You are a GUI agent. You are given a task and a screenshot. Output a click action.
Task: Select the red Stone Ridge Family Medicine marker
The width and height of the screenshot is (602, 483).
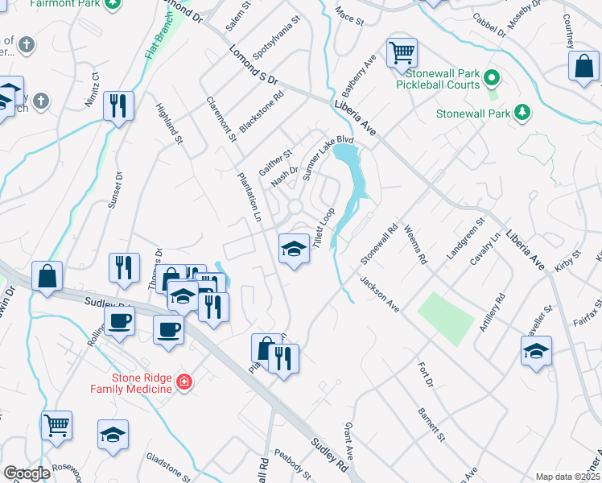184,382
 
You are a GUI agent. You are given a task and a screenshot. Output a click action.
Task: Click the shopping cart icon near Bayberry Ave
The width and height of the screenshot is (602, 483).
402,53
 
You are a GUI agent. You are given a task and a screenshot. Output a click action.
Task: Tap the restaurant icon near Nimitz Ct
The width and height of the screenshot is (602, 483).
118,105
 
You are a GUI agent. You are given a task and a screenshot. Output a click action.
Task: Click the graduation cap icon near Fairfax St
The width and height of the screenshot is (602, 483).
536,351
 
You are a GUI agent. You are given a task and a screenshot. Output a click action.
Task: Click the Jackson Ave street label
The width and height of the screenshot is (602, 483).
380,295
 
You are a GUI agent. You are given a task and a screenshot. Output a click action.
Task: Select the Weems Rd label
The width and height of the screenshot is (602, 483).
416,245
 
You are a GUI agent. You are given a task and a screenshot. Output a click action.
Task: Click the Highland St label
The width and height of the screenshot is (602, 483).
170,124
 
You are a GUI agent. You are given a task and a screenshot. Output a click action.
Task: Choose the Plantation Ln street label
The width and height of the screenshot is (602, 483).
249,196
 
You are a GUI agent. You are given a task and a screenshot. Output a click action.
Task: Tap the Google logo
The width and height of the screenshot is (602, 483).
27,473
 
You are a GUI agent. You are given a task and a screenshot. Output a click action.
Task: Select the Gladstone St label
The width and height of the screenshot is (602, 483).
168,467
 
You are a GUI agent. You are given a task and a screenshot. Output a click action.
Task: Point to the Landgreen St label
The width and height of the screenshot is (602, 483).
468,237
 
